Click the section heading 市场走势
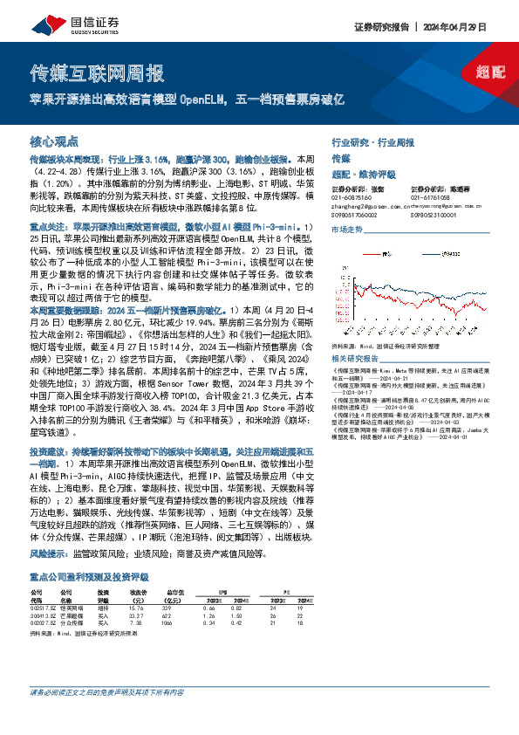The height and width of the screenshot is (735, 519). pyautogui.click(x=346, y=229)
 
